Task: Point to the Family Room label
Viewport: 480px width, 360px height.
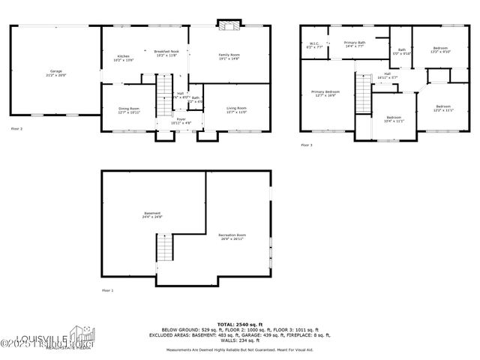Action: click(229, 56)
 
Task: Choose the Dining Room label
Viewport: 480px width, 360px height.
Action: click(129, 110)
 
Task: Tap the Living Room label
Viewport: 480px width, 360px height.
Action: click(237, 110)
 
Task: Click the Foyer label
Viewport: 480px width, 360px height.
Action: click(181, 120)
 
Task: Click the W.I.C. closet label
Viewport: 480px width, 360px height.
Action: click(314, 45)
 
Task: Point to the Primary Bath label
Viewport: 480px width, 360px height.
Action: click(355, 45)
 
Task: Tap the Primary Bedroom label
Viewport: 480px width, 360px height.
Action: click(325, 94)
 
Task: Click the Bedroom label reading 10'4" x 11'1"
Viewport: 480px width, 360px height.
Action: click(394, 118)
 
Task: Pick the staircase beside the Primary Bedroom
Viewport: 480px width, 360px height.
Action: click(364, 94)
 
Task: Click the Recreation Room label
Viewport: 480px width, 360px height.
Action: click(233, 238)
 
